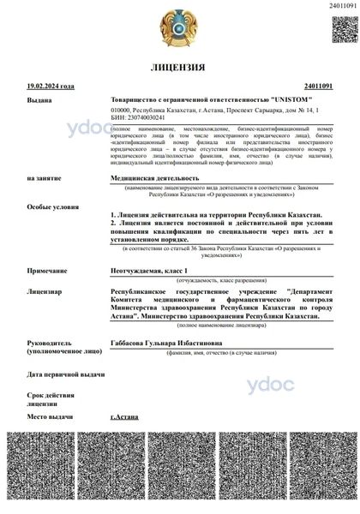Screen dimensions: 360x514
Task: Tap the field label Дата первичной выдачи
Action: pos(66,374)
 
